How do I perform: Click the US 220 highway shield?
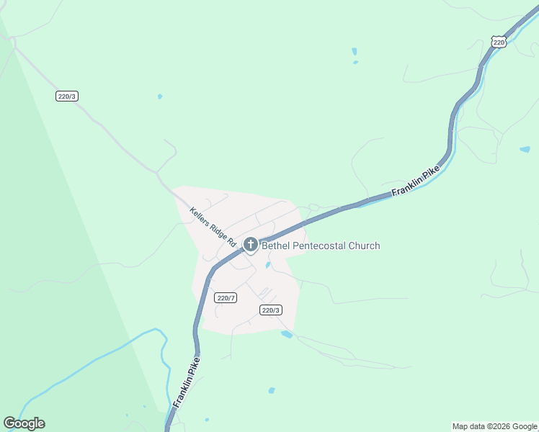500,42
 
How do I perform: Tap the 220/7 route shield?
226,297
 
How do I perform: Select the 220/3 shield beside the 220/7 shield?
270,310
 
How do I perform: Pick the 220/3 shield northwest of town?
66,96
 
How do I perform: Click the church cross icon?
251,245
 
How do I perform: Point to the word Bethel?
277,246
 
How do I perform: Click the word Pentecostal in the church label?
319,246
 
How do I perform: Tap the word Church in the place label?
364,246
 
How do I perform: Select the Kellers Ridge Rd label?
213,228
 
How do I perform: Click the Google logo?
24,423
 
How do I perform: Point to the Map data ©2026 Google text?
494,426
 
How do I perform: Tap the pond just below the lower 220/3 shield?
287,334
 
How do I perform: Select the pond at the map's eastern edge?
525,150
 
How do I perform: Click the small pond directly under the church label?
268,265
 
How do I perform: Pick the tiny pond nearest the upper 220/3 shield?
159,96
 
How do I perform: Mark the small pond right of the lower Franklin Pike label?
272,390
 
